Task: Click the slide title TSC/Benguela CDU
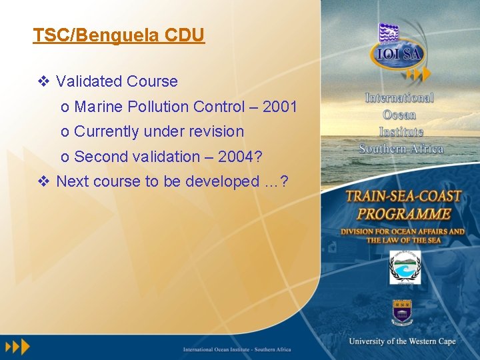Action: [x=119, y=35]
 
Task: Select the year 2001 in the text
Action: [x=280, y=107]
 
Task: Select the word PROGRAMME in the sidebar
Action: [x=403, y=214]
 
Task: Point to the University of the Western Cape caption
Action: [x=402, y=341]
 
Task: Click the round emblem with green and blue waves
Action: [x=405, y=267]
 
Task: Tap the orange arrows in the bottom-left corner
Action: [x=18, y=347]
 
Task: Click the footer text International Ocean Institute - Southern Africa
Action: [x=237, y=349]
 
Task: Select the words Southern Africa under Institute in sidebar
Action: [x=401, y=149]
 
